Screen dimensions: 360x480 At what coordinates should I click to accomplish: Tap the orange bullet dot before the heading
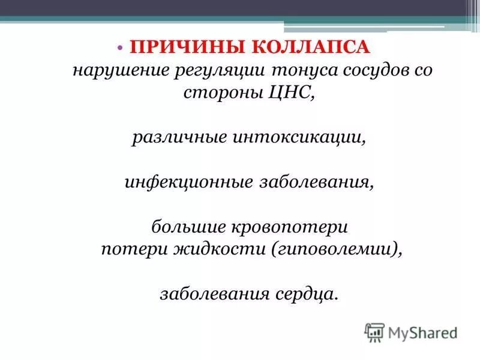point(119,47)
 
